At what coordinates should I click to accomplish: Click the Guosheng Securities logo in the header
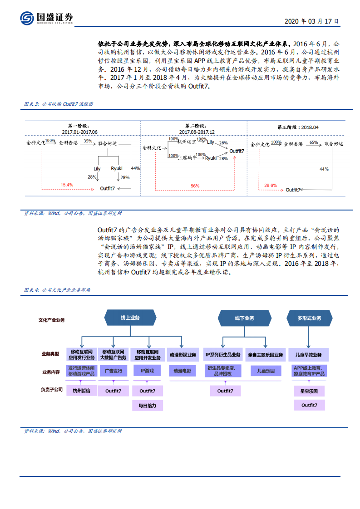click(x=46, y=18)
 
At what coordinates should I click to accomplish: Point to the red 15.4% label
click(x=66, y=185)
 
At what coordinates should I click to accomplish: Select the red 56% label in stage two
click(x=195, y=186)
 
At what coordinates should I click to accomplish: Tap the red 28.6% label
click(x=270, y=185)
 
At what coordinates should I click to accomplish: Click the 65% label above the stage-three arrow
click(x=313, y=142)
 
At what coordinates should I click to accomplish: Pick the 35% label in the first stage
click(x=88, y=141)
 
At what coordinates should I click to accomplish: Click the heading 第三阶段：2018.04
click(x=298, y=127)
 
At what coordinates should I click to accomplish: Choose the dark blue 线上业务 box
click(x=130, y=318)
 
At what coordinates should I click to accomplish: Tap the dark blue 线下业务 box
click(x=244, y=318)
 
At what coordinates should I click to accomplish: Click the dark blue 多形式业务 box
click(x=309, y=318)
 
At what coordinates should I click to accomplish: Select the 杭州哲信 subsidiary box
click(x=82, y=390)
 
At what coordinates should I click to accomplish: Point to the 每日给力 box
click(x=147, y=405)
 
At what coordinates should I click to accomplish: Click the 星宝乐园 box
click(x=309, y=390)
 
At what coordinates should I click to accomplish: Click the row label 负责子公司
click(x=51, y=389)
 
